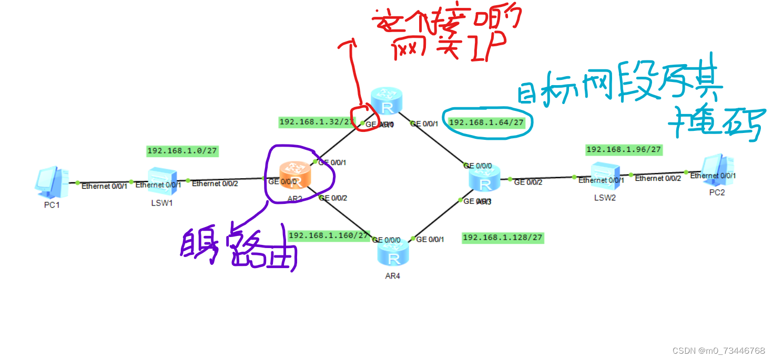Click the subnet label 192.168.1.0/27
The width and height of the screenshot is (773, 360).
pos(182,151)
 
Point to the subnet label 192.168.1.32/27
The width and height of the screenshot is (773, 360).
pos(310,122)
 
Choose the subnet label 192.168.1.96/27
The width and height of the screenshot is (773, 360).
pos(623,150)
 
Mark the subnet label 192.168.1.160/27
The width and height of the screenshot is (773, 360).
pos(329,235)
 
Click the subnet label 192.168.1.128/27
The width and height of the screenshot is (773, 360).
pos(502,238)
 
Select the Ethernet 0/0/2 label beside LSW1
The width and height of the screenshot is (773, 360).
pos(215,183)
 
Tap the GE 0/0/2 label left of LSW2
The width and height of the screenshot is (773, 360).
pos(527,182)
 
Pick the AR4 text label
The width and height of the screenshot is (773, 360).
pos(392,276)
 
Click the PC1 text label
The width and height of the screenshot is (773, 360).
pos(52,205)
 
